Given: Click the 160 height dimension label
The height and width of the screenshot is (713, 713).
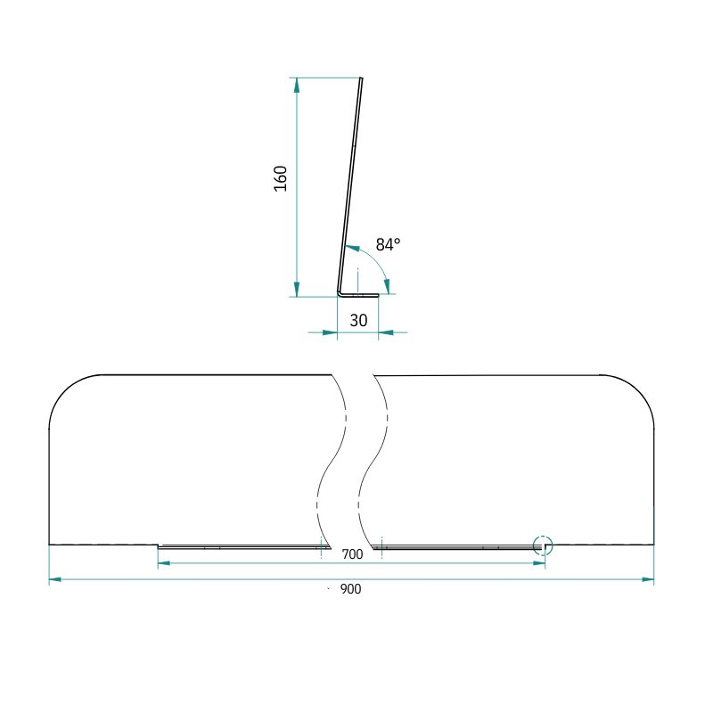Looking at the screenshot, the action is (x=281, y=179).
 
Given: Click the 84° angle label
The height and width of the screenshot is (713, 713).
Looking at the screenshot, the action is (x=388, y=244).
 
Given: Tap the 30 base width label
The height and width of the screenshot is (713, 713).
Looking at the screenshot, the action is (x=358, y=321).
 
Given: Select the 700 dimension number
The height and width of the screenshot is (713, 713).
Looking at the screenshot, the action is (x=352, y=554).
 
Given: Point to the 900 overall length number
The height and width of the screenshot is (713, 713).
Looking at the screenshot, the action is (x=350, y=589).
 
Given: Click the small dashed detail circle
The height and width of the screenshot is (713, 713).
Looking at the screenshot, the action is (x=543, y=545).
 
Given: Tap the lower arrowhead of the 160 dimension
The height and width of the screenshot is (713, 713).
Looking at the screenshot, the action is (x=297, y=289).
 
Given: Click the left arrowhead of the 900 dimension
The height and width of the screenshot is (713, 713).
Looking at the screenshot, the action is (x=55, y=579).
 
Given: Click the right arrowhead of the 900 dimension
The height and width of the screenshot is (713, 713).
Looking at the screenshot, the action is (x=648, y=579).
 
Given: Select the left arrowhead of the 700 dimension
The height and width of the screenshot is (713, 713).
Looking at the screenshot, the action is (x=164, y=563).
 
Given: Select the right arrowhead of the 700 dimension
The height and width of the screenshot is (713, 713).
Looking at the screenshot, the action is (x=539, y=563).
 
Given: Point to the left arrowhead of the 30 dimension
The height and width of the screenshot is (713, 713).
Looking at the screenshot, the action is (x=330, y=332).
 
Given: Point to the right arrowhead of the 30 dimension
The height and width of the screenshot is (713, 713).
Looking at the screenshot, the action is (x=386, y=332).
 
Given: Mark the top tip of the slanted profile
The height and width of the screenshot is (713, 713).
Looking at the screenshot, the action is (x=362, y=78).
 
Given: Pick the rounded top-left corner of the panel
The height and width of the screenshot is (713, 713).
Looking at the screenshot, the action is (x=70, y=389).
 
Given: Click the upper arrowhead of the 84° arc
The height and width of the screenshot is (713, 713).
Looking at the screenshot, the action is (x=352, y=249).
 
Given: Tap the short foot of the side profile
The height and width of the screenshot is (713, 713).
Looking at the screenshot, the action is (x=359, y=295).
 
